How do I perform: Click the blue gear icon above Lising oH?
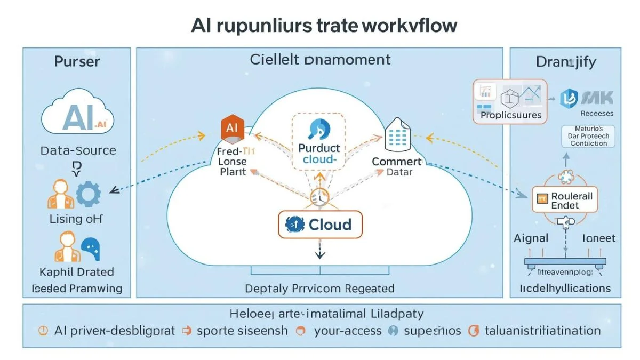tap(88, 195)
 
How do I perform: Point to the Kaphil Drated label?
tap(77, 271)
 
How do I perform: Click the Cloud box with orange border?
tap(320, 224)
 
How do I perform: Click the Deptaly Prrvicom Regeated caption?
tap(319, 289)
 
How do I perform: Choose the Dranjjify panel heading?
tap(566, 62)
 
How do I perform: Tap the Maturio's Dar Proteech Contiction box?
tap(588, 136)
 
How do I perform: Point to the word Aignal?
tap(531, 238)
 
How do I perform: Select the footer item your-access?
tap(347, 331)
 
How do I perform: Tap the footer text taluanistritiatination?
tap(542, 331)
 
